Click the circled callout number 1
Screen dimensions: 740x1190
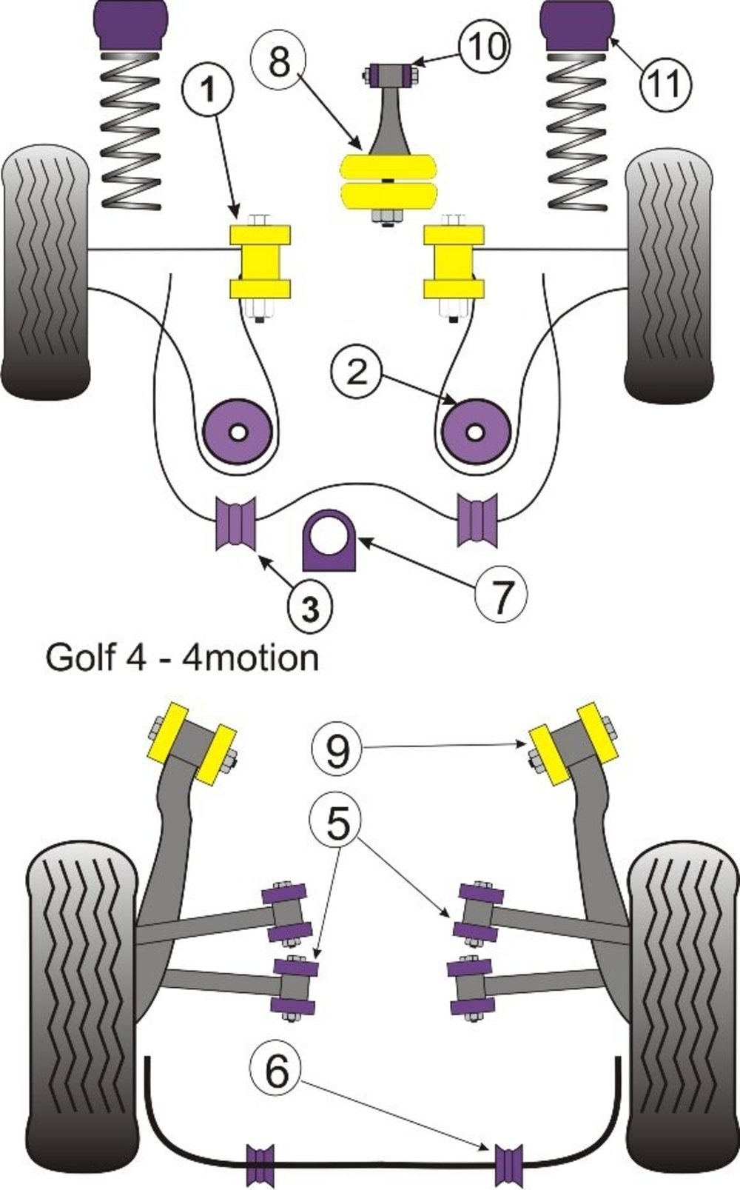click(209, 90)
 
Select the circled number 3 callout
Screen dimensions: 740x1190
click(310, 608)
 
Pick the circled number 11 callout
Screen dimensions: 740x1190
click(666, 84)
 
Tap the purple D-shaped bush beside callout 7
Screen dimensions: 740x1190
click(329, 541)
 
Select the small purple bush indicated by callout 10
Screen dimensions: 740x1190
click(391, 73)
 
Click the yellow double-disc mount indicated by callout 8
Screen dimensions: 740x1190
click(387, 181)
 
